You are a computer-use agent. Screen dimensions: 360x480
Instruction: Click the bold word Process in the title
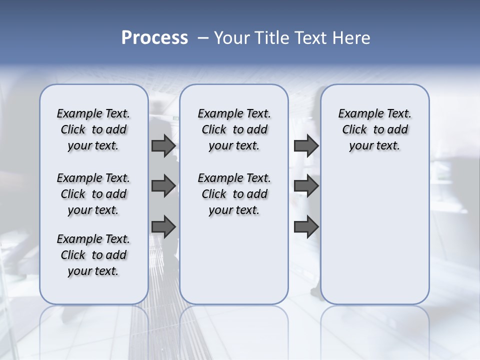[154, 38]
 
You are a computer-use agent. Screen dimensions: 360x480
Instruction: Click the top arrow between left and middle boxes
[163, 145]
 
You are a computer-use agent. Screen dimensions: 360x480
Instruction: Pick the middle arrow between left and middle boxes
[163, 186]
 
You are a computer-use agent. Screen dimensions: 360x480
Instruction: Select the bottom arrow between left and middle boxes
[163, 226]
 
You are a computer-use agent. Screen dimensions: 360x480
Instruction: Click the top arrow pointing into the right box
[306, 145]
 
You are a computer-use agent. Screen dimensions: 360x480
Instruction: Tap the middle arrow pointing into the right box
[306, 186]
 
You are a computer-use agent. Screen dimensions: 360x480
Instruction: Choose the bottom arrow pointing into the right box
[306, 226]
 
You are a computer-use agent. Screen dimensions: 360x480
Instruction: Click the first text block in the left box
[93, 129]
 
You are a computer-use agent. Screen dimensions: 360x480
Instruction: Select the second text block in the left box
[93, 194]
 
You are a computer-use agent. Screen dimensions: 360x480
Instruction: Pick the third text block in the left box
[93, 255]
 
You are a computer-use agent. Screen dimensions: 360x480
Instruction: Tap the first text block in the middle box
[234, 129]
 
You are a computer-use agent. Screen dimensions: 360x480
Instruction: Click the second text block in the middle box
[234, 194]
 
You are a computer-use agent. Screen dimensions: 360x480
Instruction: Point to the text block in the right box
[375, 129]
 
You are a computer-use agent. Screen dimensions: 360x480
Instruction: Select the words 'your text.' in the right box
[375, 146]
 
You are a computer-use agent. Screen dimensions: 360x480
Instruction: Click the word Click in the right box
[354, 130]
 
